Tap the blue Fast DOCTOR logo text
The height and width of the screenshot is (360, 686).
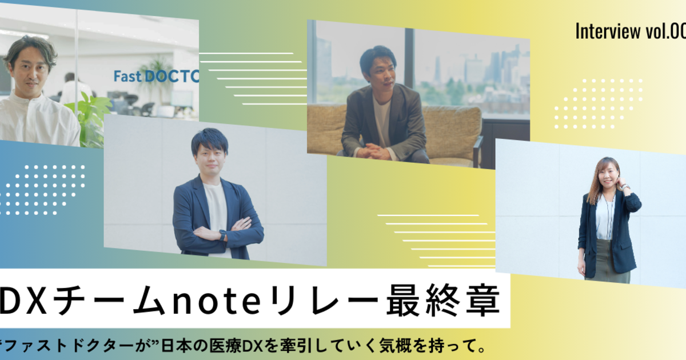pos(156,77)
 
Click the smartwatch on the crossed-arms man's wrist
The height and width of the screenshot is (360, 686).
pos(222,235)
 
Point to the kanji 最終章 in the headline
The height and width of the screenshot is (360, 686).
pos(443,300)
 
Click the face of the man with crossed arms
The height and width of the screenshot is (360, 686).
pos(210,159)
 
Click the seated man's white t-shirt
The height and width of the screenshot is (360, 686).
pos(382,122)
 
